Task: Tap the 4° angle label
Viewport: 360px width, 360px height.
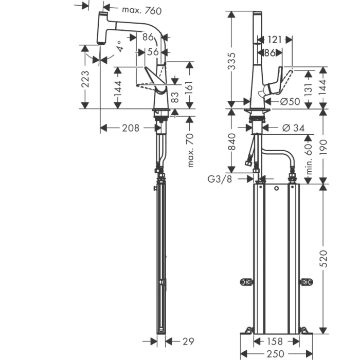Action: point(119,47)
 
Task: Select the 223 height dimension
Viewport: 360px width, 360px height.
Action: point(86,80)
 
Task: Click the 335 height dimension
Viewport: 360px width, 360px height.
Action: point(232,61)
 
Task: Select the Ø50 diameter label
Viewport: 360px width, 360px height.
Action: point(291,101)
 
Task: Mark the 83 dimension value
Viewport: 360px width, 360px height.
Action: point(175,97)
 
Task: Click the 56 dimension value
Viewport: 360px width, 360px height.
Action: point(153,51)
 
